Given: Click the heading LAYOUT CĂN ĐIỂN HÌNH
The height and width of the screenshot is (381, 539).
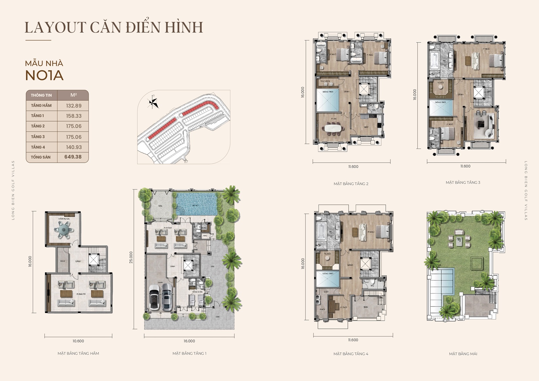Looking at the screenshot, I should (114, 27).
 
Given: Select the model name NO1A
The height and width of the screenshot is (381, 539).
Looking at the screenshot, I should (44, 75).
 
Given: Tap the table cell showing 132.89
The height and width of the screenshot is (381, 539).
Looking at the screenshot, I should (73, 105).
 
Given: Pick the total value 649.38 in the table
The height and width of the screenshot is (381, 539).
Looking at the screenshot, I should (73, 157).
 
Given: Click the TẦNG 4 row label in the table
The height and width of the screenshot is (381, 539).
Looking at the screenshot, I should (38, 147).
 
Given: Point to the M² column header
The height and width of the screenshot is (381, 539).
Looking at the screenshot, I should (73, 95).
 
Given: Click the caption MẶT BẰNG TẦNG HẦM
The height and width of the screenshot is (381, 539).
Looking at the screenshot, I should (78, 353).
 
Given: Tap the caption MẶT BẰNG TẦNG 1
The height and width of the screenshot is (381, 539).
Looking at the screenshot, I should (189, 353).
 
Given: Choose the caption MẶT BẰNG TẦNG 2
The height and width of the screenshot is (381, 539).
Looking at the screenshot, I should (351, 184).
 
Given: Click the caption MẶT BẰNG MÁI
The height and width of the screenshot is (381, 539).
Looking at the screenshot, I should (463, 354).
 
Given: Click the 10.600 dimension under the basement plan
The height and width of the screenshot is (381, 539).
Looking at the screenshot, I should (78, 341).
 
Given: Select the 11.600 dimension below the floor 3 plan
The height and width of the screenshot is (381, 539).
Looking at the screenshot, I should (465, 166).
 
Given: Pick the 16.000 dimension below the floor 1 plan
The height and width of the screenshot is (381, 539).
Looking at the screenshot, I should (189, 341).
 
